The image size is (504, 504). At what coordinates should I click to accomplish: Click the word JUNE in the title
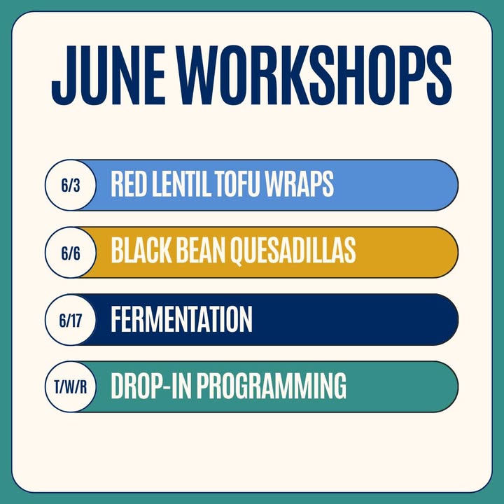tap(108, 75)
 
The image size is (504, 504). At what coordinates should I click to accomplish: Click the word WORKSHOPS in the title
tap(315, 75)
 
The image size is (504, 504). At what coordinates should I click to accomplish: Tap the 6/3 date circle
tap(71, 185)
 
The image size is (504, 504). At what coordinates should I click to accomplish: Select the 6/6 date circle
tap(71, 253)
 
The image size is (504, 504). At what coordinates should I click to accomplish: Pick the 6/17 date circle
tap(71, 320)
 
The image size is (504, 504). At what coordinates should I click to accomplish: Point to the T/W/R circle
tap(71, 386)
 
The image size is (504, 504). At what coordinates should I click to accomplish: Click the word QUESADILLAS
tap(293, 251)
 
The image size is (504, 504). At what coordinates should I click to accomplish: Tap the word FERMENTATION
tap(181, 318)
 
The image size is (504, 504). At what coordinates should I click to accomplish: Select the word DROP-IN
tap(151, 386)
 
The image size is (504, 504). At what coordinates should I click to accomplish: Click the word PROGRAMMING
tap(272, 386)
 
